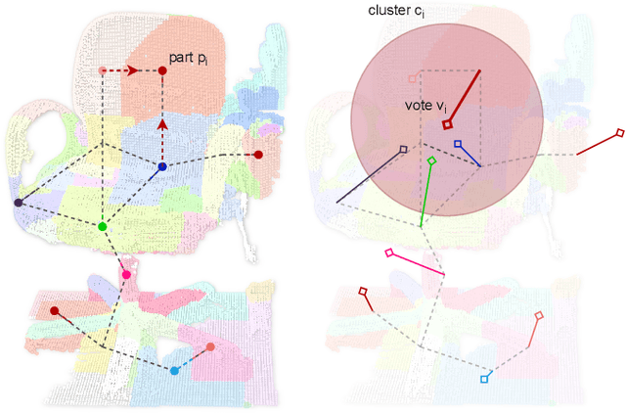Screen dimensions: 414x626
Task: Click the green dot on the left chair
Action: coord(103,227)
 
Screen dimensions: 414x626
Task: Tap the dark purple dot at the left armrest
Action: coord(18,203)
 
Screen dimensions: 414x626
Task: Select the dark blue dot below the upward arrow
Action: coord(161,167)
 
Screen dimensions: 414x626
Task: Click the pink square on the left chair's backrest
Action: coord(103,70)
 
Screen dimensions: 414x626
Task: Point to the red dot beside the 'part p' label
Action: coord(162,70)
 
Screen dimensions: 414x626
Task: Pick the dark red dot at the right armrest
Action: coord(258,155)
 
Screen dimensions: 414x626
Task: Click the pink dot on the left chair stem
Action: coord(126,275)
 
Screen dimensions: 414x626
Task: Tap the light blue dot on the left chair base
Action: coord(174,370)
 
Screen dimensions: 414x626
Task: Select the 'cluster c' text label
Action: coord(395,11)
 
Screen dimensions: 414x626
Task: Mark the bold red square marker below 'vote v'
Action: coord(446,124)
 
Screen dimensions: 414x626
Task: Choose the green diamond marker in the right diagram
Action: coord(432,160)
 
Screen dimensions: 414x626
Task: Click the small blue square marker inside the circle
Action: coord(457,144)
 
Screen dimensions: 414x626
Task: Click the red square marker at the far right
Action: coord(619,132)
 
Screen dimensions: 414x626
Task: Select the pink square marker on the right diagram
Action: coord(389,253)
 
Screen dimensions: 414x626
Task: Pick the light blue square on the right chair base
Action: coord(484,379)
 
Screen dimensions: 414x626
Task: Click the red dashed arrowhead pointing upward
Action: coord(162,125)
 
